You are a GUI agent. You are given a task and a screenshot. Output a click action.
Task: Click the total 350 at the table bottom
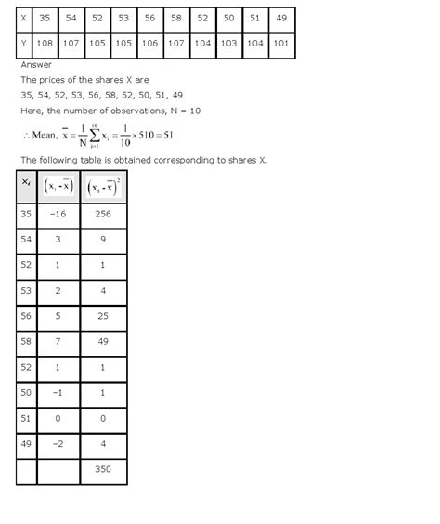point(103,470)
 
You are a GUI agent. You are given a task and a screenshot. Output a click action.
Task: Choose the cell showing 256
point(103,214)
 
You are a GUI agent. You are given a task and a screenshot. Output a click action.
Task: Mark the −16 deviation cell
point(58,214)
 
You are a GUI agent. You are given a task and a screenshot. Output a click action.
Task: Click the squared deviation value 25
point(103,316)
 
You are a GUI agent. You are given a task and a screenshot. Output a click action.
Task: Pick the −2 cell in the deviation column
point(58,444)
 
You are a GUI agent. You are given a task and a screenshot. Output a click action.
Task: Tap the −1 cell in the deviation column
point(58,393)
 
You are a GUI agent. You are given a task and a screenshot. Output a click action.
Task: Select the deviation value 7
point(58,342)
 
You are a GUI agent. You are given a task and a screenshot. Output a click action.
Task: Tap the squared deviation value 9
point(103,240)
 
